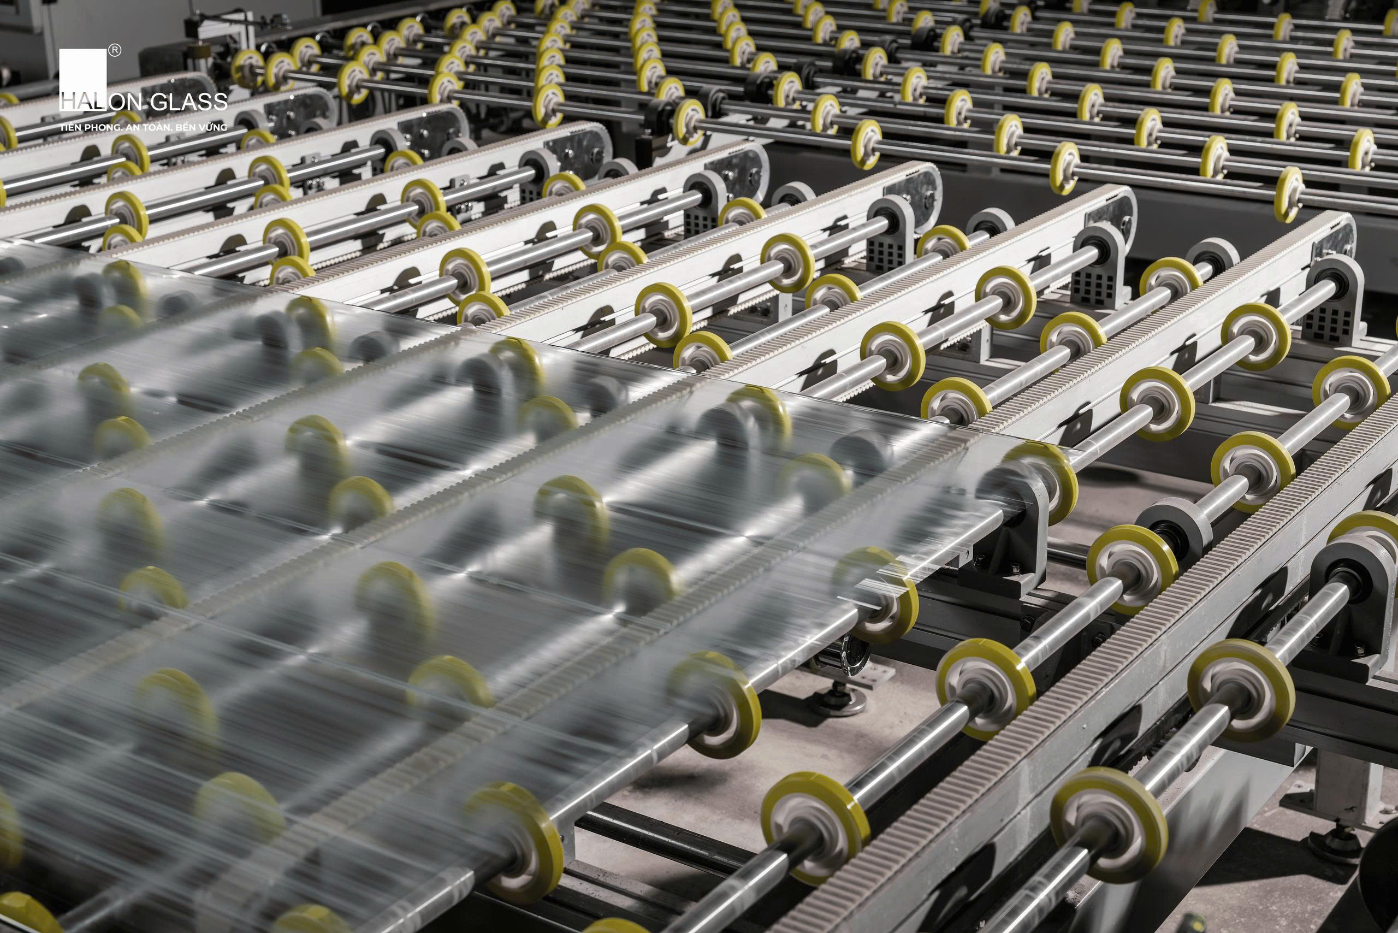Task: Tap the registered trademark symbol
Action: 115,51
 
